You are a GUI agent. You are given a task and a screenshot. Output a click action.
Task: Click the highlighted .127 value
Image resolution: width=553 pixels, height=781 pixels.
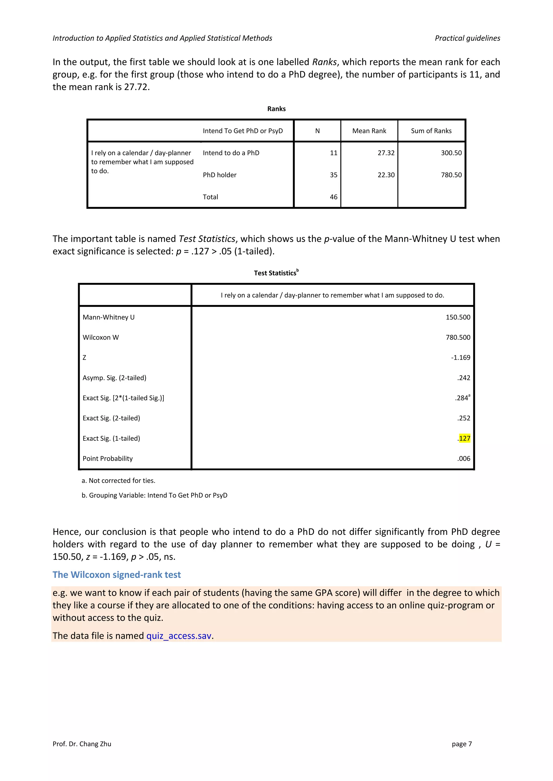pyautogui.click(x=464, y=438)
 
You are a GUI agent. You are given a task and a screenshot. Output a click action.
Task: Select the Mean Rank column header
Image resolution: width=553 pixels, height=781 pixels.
pyautogui.click(x=369, y=131)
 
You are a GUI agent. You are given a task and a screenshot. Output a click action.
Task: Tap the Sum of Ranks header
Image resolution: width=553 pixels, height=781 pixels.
pyautogui.click(x=431, y=131)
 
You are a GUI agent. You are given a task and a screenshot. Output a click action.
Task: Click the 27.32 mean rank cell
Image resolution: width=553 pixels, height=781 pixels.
pyautogui.click(x=386, y=153)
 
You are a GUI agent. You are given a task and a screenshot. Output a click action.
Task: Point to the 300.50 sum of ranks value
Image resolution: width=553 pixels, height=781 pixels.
pyautogui.click(x=451, y=153)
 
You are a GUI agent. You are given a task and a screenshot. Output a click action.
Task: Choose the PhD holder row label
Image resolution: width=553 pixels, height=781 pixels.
pyautogui.click(x=220, y=175)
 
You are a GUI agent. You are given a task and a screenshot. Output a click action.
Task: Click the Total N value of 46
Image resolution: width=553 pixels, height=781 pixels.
pyautogui.click(x=333, y=197)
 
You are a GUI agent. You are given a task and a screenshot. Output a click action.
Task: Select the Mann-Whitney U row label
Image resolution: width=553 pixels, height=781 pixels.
pyautogui.click(x=109, y=317)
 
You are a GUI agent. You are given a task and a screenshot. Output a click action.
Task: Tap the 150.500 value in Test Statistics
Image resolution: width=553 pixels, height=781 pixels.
pyautogui.click(x=458, y=317)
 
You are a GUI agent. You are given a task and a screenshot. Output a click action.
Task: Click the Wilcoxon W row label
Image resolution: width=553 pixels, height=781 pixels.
pyautogui.click(x=101, y=337)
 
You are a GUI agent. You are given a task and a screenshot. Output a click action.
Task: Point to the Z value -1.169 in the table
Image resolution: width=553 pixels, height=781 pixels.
pyautogui.click(x=460, y=358)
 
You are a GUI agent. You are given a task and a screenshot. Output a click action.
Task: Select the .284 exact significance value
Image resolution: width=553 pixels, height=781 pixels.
pyautogui.click(x=462, y=398)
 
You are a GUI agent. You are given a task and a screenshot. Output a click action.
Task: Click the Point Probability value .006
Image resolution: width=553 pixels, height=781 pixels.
pyautogui.click(x=463, y=458)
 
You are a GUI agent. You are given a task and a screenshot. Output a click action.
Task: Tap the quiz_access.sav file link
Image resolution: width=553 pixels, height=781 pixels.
pyautogui.click(x=179, y=636)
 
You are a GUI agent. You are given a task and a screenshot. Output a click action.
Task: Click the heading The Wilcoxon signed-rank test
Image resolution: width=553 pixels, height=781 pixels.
pyautogui.click(x=116, y=574)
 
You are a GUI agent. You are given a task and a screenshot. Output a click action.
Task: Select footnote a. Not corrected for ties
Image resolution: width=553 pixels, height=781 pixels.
pyautogui.click(x=119, y=481)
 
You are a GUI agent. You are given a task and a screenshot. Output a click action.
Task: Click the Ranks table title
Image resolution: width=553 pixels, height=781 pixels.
pyautogui.click(x=276, y=109)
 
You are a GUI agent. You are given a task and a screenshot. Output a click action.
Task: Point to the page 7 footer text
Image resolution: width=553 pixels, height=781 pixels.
pyautogui.click(x=462, y=744)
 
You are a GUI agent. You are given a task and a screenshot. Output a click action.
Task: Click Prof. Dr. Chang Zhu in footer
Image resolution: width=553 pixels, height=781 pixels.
pyautogui.click(x=82, y=744)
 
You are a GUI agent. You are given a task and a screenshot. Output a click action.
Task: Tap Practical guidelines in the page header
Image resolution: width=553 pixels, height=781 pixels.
pyautogui.click(x=467, y=38)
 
